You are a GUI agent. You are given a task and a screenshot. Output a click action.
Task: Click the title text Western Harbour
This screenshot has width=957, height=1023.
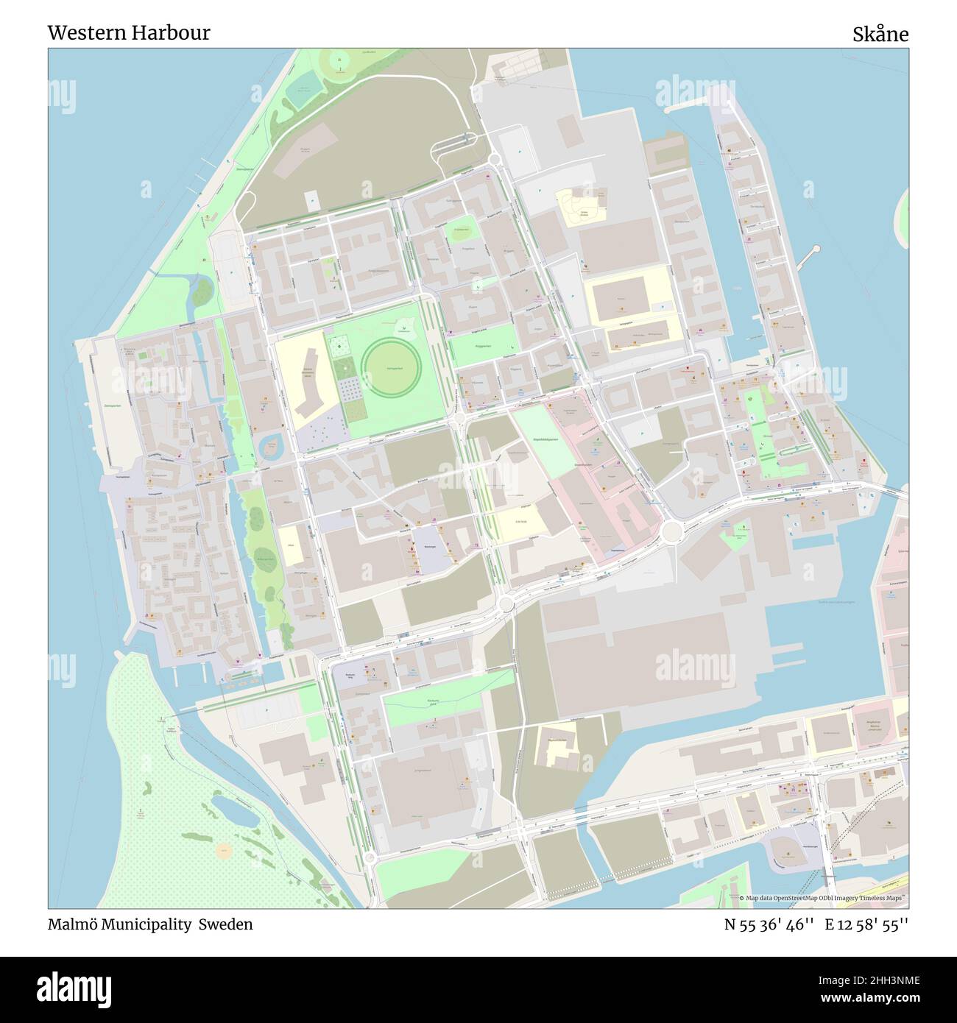(129, 33)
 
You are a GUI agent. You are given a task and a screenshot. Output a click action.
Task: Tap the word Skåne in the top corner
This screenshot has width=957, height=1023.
(880, 34)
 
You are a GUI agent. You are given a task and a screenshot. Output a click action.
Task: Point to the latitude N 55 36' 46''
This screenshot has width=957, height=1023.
(769, 924)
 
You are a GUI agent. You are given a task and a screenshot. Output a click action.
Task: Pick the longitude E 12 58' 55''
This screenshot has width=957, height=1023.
(866, 924)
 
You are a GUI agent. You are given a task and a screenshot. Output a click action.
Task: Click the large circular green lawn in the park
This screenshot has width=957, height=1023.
(392, 366)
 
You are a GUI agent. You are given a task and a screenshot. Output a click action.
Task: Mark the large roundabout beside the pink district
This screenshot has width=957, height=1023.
(670, 531)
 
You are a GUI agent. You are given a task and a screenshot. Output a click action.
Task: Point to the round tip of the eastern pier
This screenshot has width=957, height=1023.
(815, 249)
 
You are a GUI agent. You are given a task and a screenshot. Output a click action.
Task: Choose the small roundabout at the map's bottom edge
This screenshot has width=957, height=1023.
(370, 858)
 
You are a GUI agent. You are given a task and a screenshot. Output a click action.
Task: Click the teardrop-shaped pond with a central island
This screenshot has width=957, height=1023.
(269, 444)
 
